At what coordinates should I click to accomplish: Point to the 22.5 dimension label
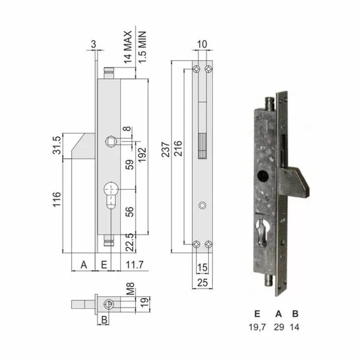130,241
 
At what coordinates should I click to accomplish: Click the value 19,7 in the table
257,326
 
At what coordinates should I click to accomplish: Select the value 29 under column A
279,326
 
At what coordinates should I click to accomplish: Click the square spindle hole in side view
111,140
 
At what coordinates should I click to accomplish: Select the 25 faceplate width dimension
202,282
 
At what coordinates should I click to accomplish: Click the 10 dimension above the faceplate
202,45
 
